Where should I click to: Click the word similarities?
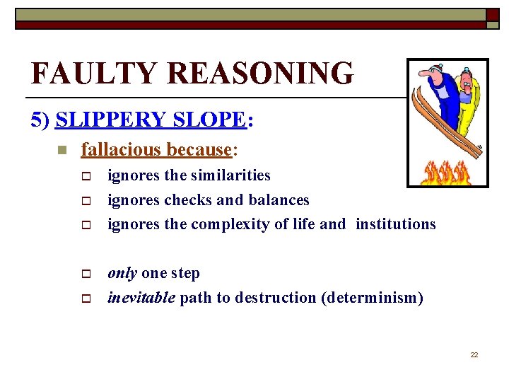click(x=228, y=175)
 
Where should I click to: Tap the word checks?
click(x=187, y=200)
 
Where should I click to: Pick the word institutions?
click(x=396, y=224)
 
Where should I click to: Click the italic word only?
click(x=122, y=274)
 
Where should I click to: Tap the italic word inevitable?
click(x=141, y=298)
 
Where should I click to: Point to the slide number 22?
click(x=474, y=354)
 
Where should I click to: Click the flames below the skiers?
click(x=446, y=172)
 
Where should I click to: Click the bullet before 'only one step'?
click(x=86, y=274)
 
